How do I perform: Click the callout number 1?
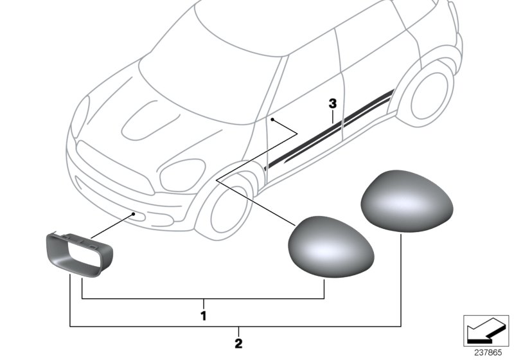click(203, 316)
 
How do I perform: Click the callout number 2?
click(238, 344)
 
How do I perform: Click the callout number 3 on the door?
click(332, 103)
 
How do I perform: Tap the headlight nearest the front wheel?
click(182, 175)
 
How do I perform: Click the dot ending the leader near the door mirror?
click(272, 120)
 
